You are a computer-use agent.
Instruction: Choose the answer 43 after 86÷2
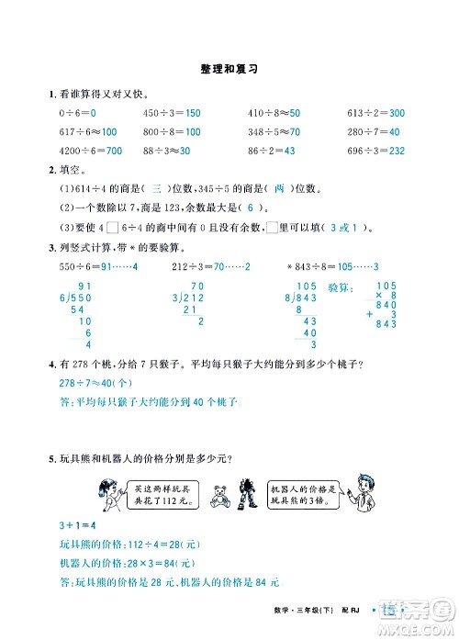click(x=287, y=150)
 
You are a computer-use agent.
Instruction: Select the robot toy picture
click(x=245, y=492)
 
